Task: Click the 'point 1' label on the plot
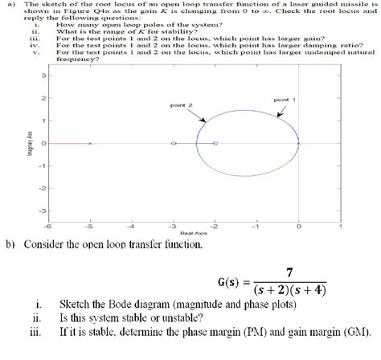coord(284,99)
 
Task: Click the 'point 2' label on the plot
coord(180,105)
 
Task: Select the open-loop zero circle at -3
coord(174,143)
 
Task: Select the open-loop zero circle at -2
coord(215,143)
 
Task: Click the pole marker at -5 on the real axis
coord(91,143)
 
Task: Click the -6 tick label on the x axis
coord(48,227)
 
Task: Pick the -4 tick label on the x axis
coord(132,227)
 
